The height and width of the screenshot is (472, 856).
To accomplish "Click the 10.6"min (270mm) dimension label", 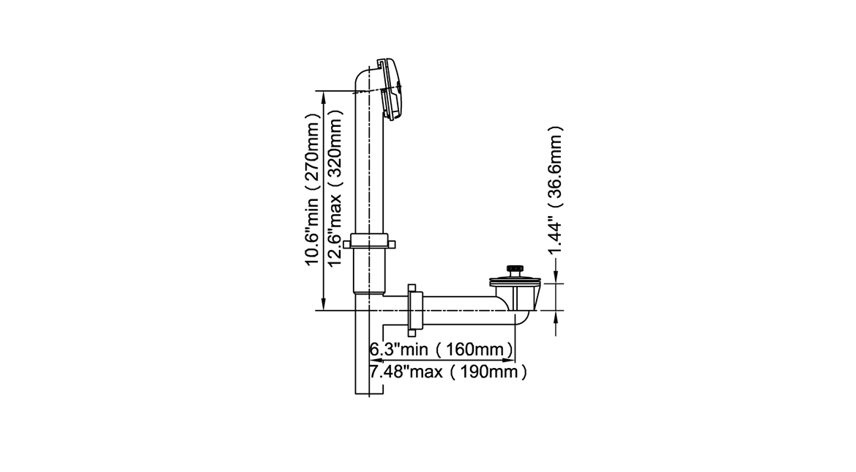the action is pyautogui.click(x=311, y=190).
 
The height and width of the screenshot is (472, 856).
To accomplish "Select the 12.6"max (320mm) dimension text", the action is pyautogui.click(x=335, y=188).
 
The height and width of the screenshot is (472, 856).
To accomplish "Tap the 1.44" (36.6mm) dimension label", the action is pyautogui.click(x=555, y=191).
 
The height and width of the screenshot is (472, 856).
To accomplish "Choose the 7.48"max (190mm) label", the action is pyautogui.click(x=449, y=372).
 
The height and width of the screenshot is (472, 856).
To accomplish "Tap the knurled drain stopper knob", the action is pyautogui.click(x=515, y=269).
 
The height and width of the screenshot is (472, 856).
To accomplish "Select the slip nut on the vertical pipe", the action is pyautogui.click(x=369, y=241).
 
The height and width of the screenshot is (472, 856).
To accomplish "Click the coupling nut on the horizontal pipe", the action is pyautogui.click(x=415, y=310).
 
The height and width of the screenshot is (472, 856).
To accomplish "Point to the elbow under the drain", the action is pyautogui.click(x=523, y=316).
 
